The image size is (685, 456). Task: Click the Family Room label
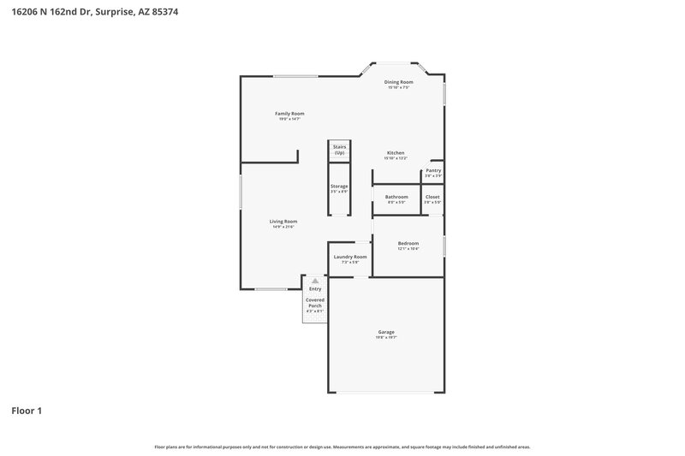pyautogui.click(x=289, y=114)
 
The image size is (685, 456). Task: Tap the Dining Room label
pyautogui.click(x=398, y=82)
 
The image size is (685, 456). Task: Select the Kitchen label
pyautogui.click(x=395, y=153)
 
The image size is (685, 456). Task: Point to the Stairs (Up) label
pyautogui.click(x=339, y=150)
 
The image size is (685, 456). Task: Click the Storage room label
pyautogui.click(x=339, y=186)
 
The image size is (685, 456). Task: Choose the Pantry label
pyautogui.click(x=433, y=170)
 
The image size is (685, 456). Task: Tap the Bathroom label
pyautogui.click(x=396, y=197)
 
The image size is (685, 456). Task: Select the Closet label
pyautogui.click(x=432, y=197)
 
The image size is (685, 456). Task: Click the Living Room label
pyautogui.click(x=283, y=222)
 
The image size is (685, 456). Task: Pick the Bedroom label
pyautogui.click(x=408, y=243)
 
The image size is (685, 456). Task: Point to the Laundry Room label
pyautogui.click(x=350, y=257)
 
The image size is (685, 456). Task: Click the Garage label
pyautogui.click(x=386, y=332)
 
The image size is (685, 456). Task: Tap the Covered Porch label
pyautogui.click(x=315, y=303)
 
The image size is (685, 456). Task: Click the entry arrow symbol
pyautogui.click(x=315, y=281)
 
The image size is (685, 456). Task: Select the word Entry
pyautogui.click(x=315, y=289)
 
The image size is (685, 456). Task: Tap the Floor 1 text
pyautogui.click(x=27, y=411)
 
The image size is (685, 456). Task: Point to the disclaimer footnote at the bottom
pyautogui.click(x=342, y=447)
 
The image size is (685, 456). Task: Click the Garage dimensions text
pyautogui.click(x=386, y=338)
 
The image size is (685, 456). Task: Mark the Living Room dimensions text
pyautogui.click(x=283, y=227)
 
